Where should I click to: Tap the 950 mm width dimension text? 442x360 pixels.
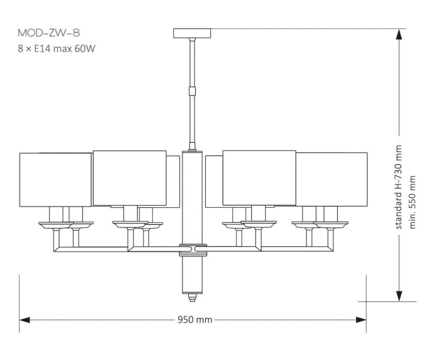click(195, 320)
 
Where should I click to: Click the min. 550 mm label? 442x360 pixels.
click(414, 203)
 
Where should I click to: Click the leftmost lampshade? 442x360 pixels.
click(56, 179)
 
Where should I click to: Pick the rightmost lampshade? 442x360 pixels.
click(331, 179)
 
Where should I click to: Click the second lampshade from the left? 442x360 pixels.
click(129, 177)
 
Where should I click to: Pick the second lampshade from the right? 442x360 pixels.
click(260, 177)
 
